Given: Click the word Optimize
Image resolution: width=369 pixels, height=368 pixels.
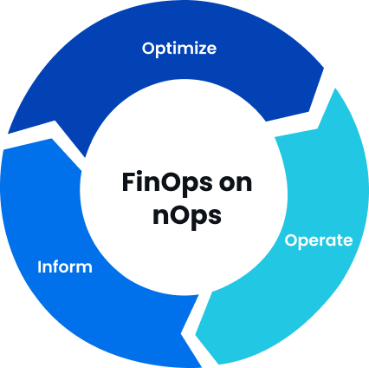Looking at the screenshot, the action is [179, 49].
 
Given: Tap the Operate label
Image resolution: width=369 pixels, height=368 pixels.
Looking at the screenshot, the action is [319, 240].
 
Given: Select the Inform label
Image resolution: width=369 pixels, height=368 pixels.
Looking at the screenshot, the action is [65, 266].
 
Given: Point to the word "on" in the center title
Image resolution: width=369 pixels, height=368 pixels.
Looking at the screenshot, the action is [236, 183].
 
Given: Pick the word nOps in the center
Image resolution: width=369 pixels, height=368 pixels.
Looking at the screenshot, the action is [187, 216].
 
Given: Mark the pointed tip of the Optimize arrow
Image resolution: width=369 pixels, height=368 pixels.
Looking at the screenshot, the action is [324, 69].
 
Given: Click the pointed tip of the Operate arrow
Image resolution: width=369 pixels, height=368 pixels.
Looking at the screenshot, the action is [196, 335].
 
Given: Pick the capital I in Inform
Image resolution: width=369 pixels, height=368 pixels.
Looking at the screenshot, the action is [40, 266].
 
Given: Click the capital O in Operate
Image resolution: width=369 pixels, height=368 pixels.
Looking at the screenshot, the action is [291, 240].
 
